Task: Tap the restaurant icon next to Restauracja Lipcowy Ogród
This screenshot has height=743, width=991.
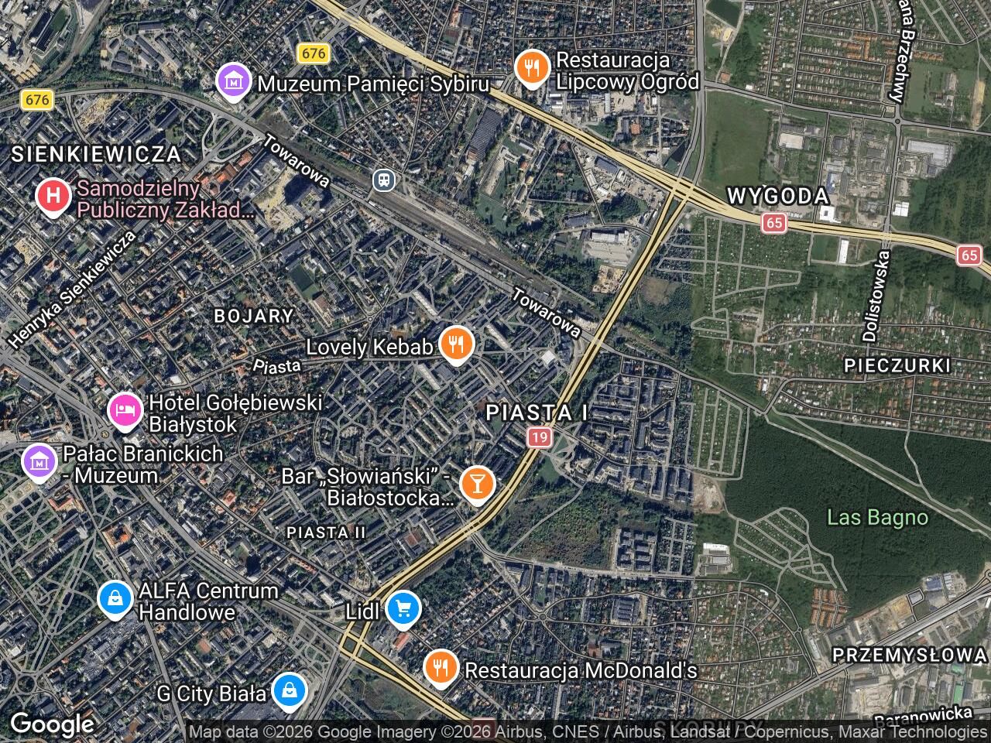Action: (x=532, y=69)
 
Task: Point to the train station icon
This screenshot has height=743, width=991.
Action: (x=383, y=181)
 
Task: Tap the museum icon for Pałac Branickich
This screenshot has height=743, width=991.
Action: (x=39, y=462)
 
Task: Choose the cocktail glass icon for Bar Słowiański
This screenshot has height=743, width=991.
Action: (x=477, y=484)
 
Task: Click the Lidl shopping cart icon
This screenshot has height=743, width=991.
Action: (x=403, y=608)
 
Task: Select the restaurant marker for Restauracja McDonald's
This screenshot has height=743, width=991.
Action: (x=441, y=667)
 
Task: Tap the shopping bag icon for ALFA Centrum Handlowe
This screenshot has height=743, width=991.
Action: (x=115, y=598)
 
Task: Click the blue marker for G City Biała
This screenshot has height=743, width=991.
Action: (x=289, y=691)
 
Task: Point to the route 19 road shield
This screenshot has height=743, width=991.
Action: (x=540, y=438)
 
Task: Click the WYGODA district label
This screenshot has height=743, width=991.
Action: (x=777, y=196)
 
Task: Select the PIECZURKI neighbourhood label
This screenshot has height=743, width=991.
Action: (x=897, y=365)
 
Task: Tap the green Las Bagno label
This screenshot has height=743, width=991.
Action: (x=876, y=517)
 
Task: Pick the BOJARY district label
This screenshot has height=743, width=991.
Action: (x=253, y=316)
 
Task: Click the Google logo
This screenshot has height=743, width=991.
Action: (x=52, y=724)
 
